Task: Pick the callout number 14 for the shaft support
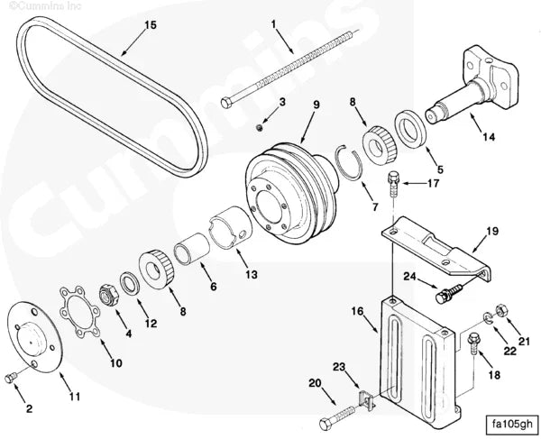tap(488, 137)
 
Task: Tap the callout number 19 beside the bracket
tap(492, 233)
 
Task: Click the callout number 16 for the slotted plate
tap(357, 312)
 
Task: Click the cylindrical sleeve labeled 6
tap(192, 250)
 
